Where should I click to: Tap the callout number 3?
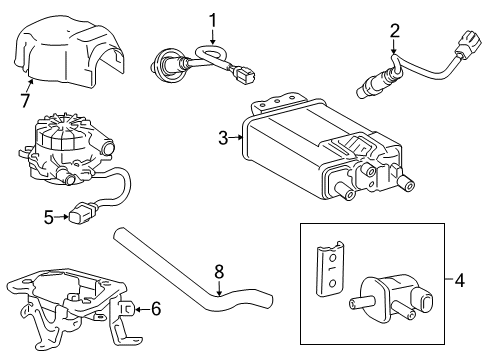[x=223, y=139]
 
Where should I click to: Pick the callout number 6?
[x=155, y=310]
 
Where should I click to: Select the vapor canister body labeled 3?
[x=300, y=150]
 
